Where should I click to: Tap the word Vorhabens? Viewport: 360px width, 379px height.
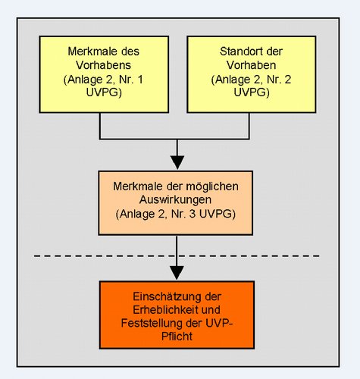(103, 65)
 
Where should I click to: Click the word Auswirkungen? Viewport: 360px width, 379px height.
(175, 200)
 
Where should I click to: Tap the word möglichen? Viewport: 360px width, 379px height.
(212, 186)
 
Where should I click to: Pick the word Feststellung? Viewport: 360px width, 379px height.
(152, 323)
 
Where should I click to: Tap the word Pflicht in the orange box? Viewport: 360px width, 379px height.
(177, 337)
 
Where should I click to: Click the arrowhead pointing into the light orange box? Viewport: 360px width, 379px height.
(177, 162)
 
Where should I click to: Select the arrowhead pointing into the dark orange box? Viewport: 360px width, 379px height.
(177, 273)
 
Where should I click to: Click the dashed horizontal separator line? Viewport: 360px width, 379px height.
(177, 256)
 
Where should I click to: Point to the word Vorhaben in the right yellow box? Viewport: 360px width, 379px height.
(251, 65)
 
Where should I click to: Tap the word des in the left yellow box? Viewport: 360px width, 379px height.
(130, 52)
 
